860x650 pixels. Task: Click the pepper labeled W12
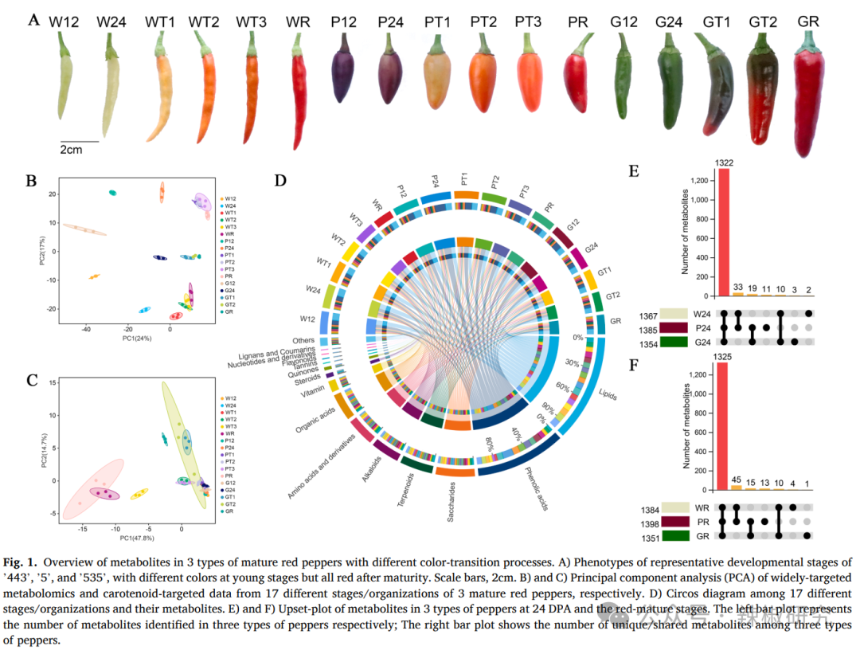[65, 84]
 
